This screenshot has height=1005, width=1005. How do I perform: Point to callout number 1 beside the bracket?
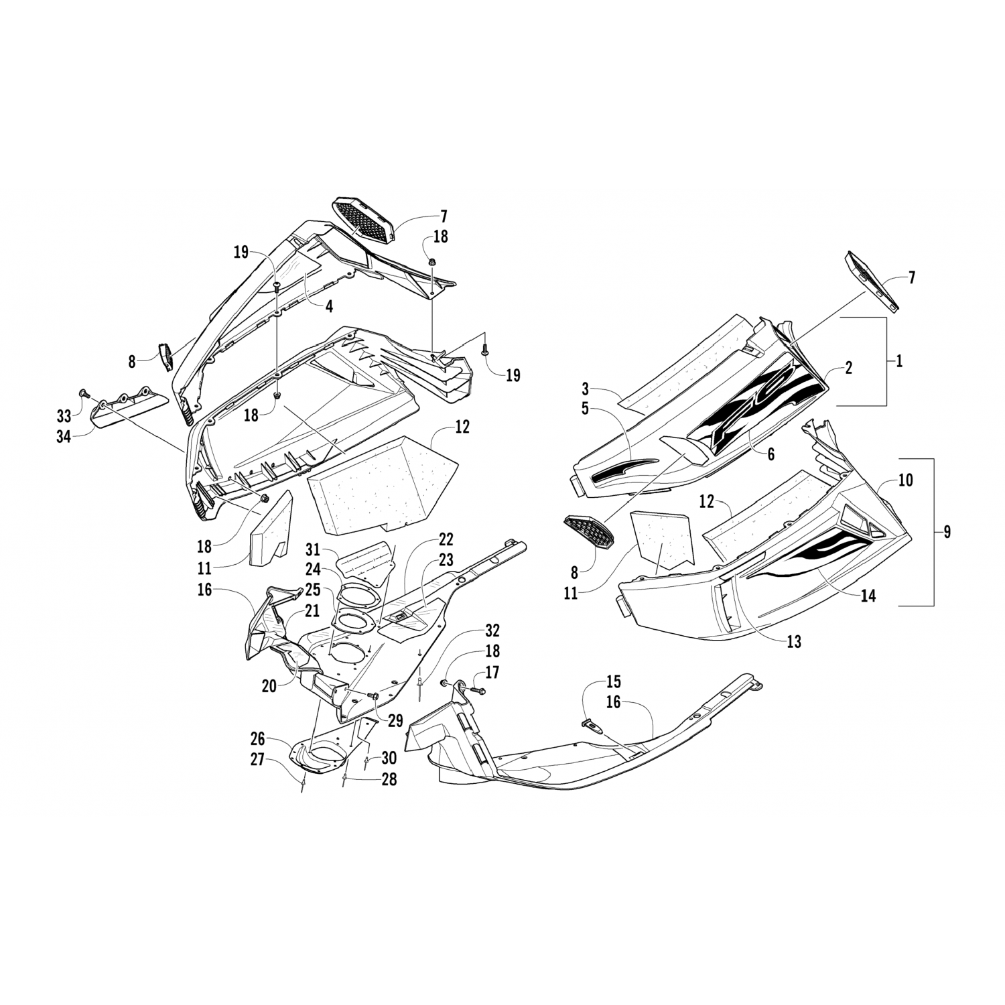point(899,362)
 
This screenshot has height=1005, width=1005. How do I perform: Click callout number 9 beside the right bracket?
point(946,533)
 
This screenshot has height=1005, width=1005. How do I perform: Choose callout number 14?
point(868,595)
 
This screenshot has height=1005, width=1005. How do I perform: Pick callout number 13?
point(794,642)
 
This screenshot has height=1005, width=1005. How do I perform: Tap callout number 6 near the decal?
point(770,454)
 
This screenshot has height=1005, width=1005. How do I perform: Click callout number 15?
point(613,682)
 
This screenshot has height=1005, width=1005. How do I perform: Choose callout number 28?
point(389,779)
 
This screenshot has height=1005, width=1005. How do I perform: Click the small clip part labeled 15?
point(588,722)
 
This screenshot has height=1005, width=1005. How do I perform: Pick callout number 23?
point(446,559)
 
